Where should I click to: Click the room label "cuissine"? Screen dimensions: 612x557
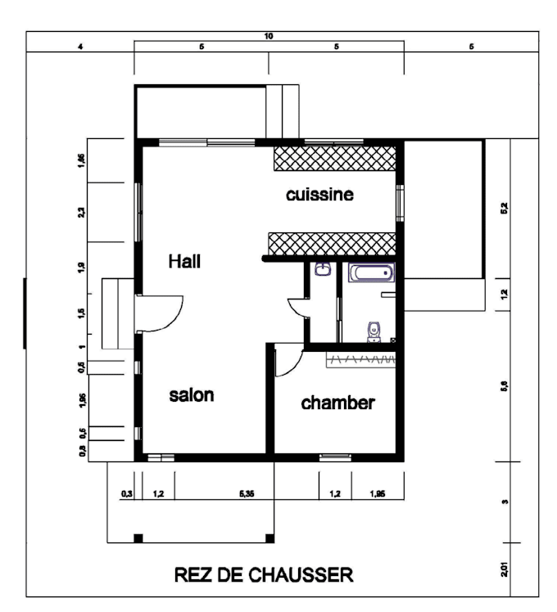(319, 196)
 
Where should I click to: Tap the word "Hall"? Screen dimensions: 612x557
(184, 262)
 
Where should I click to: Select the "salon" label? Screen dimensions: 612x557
(192, 395)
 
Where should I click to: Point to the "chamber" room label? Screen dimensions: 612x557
(337, 403)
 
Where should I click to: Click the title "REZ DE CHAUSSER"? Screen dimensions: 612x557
(264, 575)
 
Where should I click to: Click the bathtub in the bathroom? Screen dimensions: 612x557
(371, 272)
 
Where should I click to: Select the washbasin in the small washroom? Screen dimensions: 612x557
(323, 269)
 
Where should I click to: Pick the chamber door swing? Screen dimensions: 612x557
(287, 360)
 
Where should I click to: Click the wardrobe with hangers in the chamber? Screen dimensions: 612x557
(360, 358)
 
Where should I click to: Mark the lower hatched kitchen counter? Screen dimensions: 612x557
(332, 243)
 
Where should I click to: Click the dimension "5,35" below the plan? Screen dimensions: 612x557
(247, 494)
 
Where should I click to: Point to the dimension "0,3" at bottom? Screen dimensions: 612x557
(126, 494)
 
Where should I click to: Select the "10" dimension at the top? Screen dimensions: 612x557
(269, 36)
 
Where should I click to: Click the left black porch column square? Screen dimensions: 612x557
(138, 538)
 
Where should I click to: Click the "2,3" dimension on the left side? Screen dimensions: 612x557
(82, 213)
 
